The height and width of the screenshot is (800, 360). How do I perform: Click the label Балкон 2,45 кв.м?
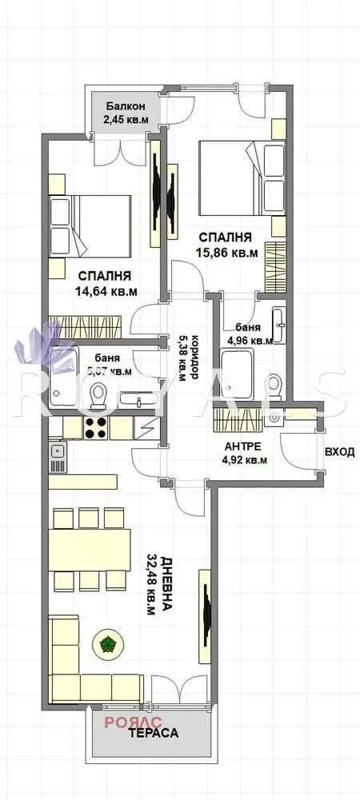pos(124,113)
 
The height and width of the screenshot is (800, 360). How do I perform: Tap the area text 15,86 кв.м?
pos(226,254)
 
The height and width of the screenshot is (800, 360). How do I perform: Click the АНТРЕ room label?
pos(243,446)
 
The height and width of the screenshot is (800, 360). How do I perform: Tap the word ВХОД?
pos(339,452)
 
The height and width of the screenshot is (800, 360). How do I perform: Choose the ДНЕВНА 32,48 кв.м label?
pos(156,583)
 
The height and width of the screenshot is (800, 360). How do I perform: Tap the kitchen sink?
pos(58,453)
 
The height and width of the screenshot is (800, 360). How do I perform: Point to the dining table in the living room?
pos(90,549)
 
